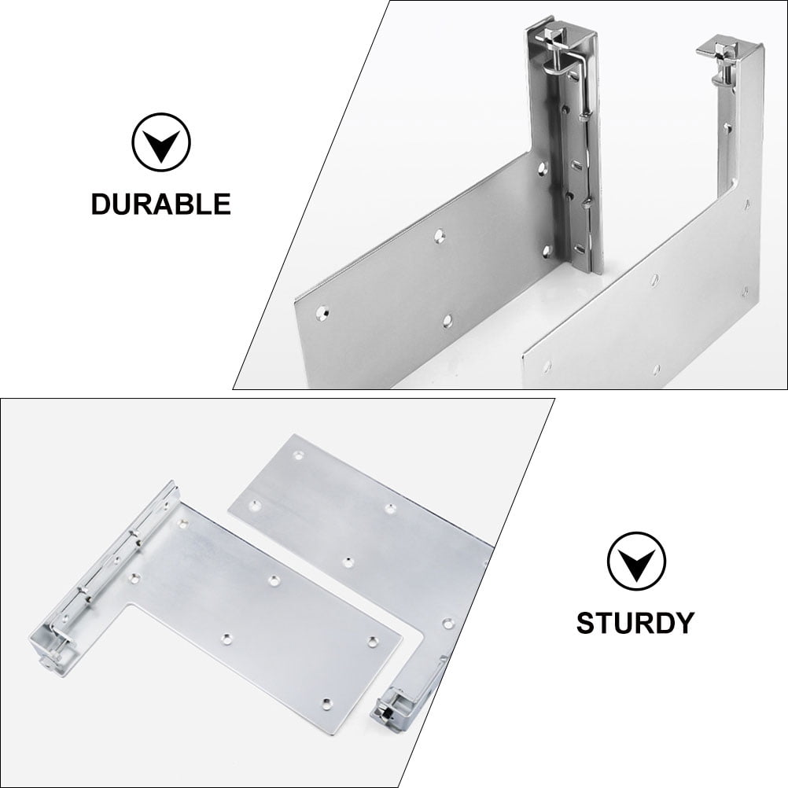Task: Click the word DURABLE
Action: click(x=160, y=204)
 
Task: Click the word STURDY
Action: click(x=635, y=622)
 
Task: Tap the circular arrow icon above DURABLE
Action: click(x=160, y=143)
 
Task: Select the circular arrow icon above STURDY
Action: click(x=635, y=561)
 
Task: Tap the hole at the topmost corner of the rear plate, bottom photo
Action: click(x=297, y=455)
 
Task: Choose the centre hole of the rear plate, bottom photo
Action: click(x=348, y=562)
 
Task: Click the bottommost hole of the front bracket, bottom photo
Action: click(x=328, y=699)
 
